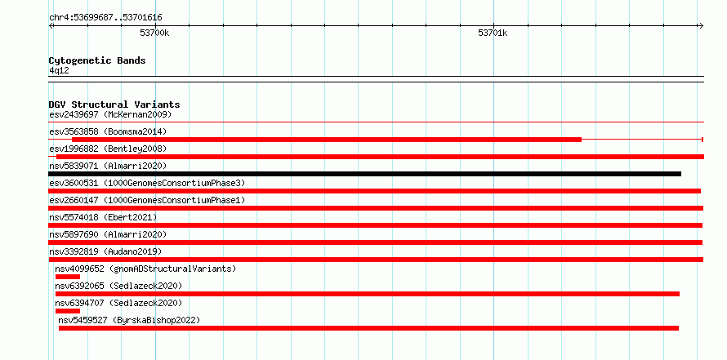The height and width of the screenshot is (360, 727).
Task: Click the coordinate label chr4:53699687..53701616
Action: pos(105,18)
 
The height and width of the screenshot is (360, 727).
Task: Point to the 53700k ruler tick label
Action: pos(154,33)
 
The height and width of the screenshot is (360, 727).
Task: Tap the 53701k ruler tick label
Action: pos(493,33)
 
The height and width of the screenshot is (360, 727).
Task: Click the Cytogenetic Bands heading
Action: pos(97,60)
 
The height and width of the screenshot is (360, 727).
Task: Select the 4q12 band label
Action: pos(59,70)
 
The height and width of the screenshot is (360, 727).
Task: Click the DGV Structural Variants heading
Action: pos(114,104)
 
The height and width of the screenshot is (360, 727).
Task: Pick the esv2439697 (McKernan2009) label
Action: pos(110,114)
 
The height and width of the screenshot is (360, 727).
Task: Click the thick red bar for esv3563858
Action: pos(327,140)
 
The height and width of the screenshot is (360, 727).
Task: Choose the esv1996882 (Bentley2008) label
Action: pos(108,149)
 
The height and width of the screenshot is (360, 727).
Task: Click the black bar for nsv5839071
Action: pos(365,174)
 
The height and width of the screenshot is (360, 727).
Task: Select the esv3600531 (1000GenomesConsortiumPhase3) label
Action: pos(147,183)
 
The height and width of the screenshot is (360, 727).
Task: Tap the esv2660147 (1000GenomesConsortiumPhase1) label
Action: pos(147,200)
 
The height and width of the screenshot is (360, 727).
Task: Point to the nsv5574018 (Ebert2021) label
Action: pos(103,217)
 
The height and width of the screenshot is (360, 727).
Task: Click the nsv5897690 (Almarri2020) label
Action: pos(108,234)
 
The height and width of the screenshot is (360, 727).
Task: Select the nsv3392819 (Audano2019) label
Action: pos(105,251)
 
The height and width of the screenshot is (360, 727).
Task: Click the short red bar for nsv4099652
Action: pos(68,277)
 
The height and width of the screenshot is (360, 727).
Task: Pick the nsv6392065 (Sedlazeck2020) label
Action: pos(118,286)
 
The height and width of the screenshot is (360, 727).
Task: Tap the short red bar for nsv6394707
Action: pos(68,311)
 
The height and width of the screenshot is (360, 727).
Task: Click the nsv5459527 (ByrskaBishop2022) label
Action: pos(129,320)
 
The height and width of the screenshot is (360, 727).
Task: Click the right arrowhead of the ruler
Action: pos(702,25)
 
